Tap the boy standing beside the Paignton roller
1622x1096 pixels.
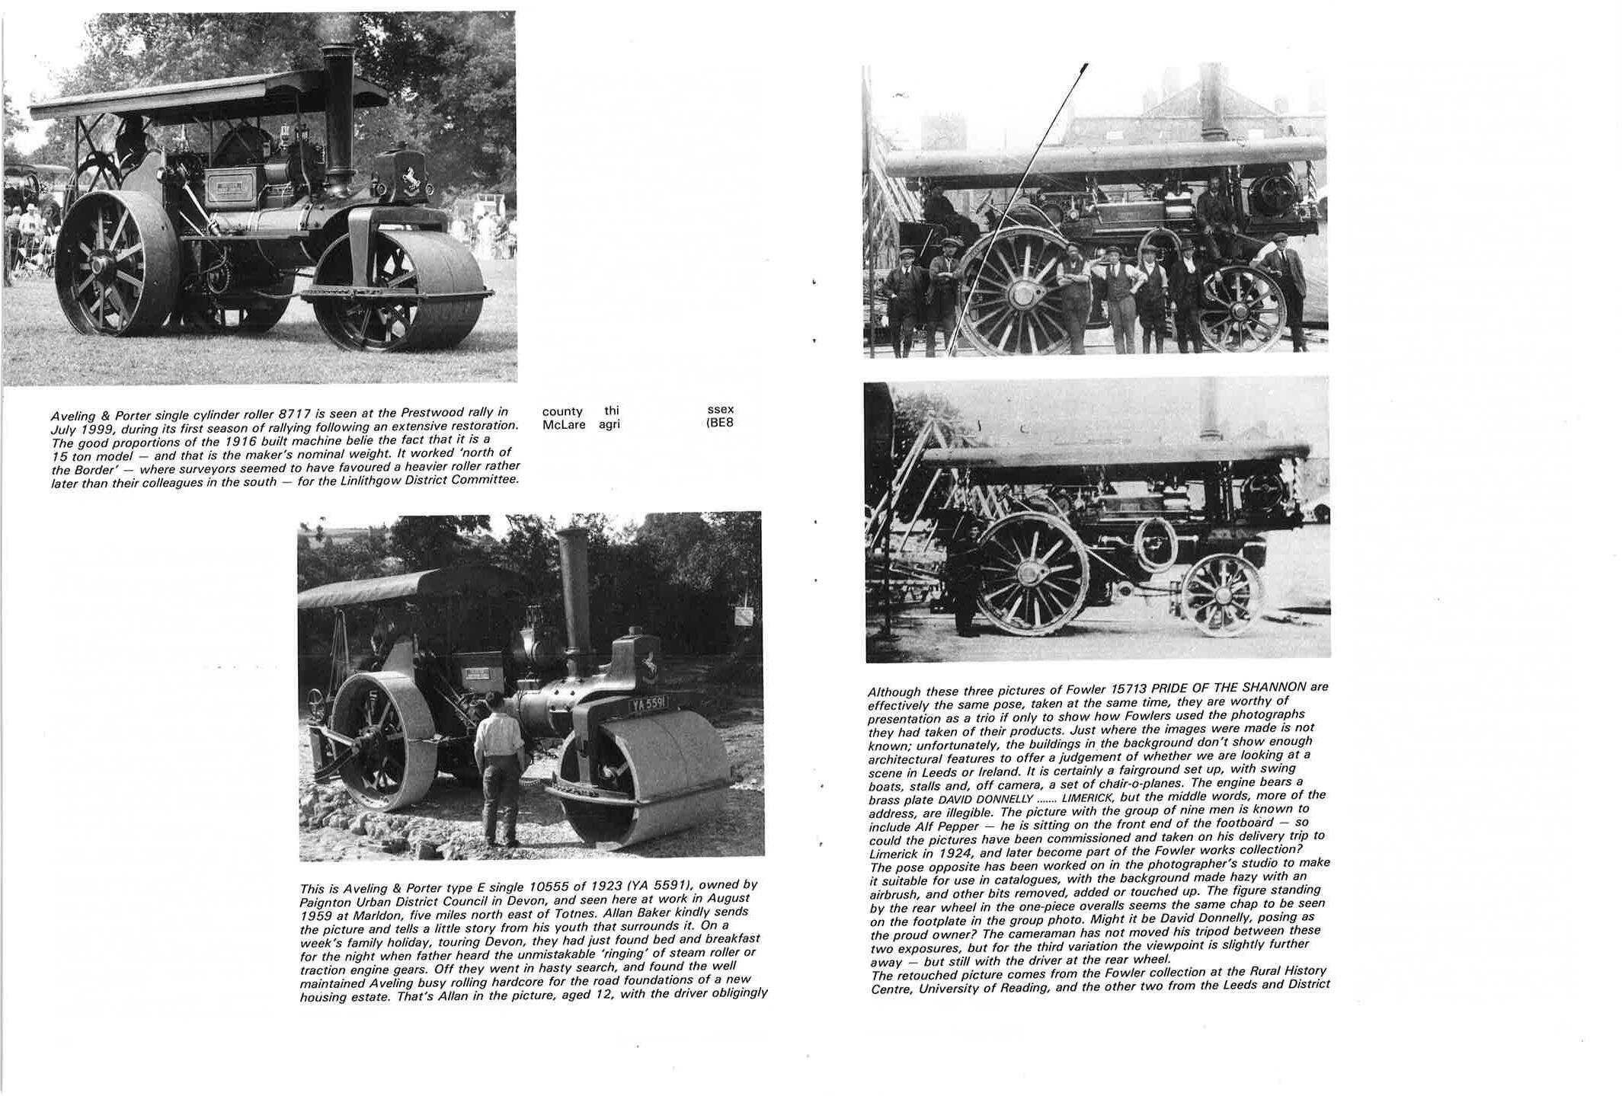pyautogui.click(x=500, y=769)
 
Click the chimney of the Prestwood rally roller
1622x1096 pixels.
pyautogui.click(x=338, y=114)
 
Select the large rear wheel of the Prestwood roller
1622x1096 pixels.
pyautogui.click(x=114, y=263)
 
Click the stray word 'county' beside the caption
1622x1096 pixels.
pyautogui.click(x=562, y=411)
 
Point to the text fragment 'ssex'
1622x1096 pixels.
pyautogui.click(x=721, y=410)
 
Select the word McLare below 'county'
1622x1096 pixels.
pyautogui.click(x=564, y=424)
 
